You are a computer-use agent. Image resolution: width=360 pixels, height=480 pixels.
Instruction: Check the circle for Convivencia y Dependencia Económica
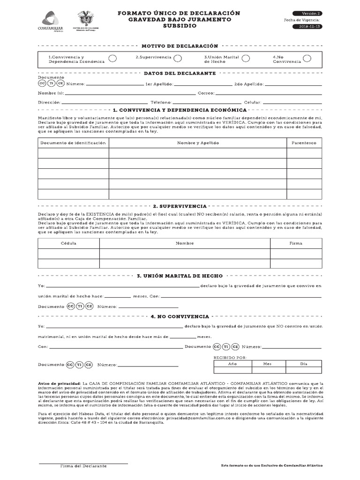[x=113, y=58]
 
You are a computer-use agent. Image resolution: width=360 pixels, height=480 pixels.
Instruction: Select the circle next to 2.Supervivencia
[x=178, y=58]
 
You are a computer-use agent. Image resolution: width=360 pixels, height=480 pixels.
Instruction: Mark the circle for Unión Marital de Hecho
[x=245, y=58]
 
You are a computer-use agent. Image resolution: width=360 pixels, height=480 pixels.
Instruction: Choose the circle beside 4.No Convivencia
[x=307, y=58]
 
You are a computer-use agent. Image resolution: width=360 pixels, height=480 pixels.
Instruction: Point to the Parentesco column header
[x=304, y=142]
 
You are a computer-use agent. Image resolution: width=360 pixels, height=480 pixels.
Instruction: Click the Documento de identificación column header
[x=73, y=142]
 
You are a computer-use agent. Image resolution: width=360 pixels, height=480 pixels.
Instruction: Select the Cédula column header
[x=68, y=243]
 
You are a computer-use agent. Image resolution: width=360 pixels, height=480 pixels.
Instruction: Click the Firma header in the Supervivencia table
[x=296, y=243]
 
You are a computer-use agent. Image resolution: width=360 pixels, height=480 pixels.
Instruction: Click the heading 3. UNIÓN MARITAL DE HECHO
[x=180, y=276]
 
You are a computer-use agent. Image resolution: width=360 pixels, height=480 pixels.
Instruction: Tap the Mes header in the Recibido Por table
[x=267, y=364]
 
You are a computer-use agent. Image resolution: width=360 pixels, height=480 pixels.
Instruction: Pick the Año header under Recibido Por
[x=232, y=364]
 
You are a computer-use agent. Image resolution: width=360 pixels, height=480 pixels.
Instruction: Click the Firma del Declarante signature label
[x=83, y=466]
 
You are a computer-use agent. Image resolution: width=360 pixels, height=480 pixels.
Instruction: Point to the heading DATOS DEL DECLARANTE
[x=180, y=73]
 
